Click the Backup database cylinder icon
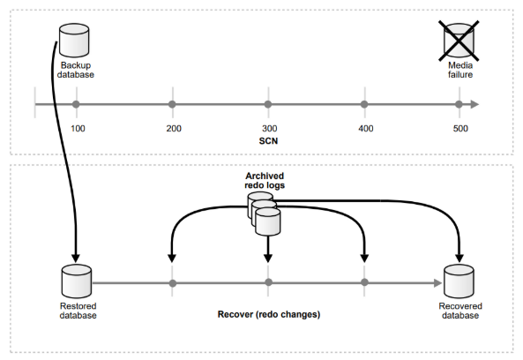[74, 40]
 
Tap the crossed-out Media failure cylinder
[459, 41]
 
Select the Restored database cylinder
[77, 281]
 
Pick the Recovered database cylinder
[459, 281]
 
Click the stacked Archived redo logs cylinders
[264, 214]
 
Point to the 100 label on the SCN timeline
[78, 129]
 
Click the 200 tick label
[174, 129]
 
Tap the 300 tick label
[270, 129]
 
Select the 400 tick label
[366, 129]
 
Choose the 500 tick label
[460, 129]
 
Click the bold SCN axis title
[268, 141]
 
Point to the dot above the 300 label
[268, 104]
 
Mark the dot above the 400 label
[364, 104]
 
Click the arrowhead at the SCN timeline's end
[475, 104]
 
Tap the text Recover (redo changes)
[269, 314]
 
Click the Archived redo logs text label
[265, 181]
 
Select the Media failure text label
[460, 70]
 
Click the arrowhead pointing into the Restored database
[76, 258]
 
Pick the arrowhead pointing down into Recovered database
[459, 258]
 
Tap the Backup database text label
[76, 70]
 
